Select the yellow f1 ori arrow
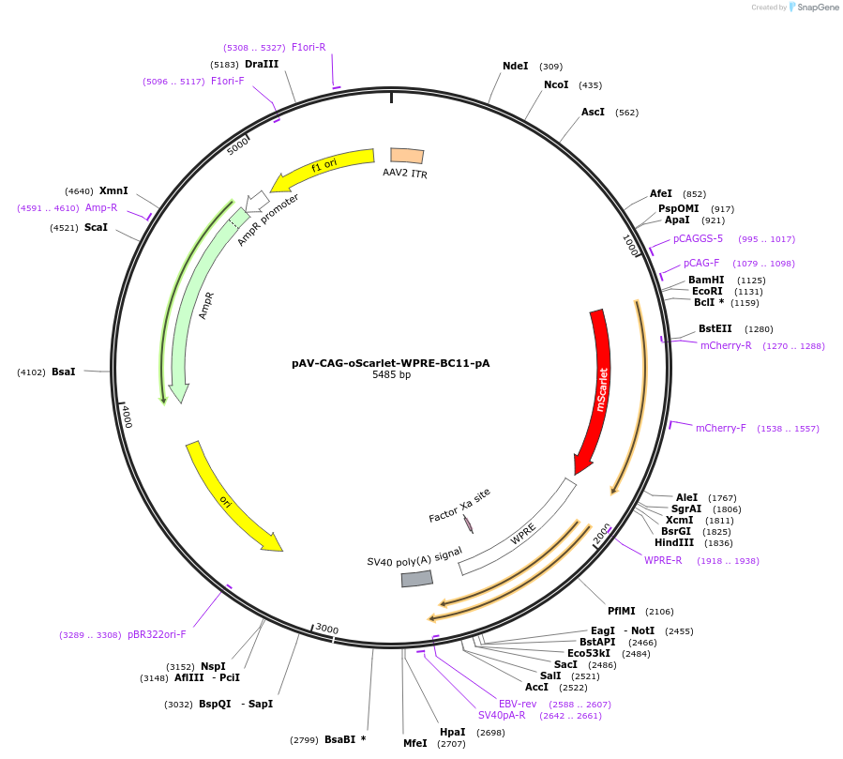[324, 167]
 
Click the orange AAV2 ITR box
[407, 157]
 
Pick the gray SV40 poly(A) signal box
[416, 579]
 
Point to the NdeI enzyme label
[515, 66]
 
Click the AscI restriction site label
[593, 113]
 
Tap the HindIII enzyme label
[673, 543]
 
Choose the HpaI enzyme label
[452, 732]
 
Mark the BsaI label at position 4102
[64, 372]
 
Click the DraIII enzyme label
[262, 65]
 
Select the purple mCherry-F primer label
[720, 429]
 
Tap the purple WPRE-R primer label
[663, 561]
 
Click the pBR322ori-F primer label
[157, 635]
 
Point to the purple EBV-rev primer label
[518, 704]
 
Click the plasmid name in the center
[390, 363]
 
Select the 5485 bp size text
[391, 375]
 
